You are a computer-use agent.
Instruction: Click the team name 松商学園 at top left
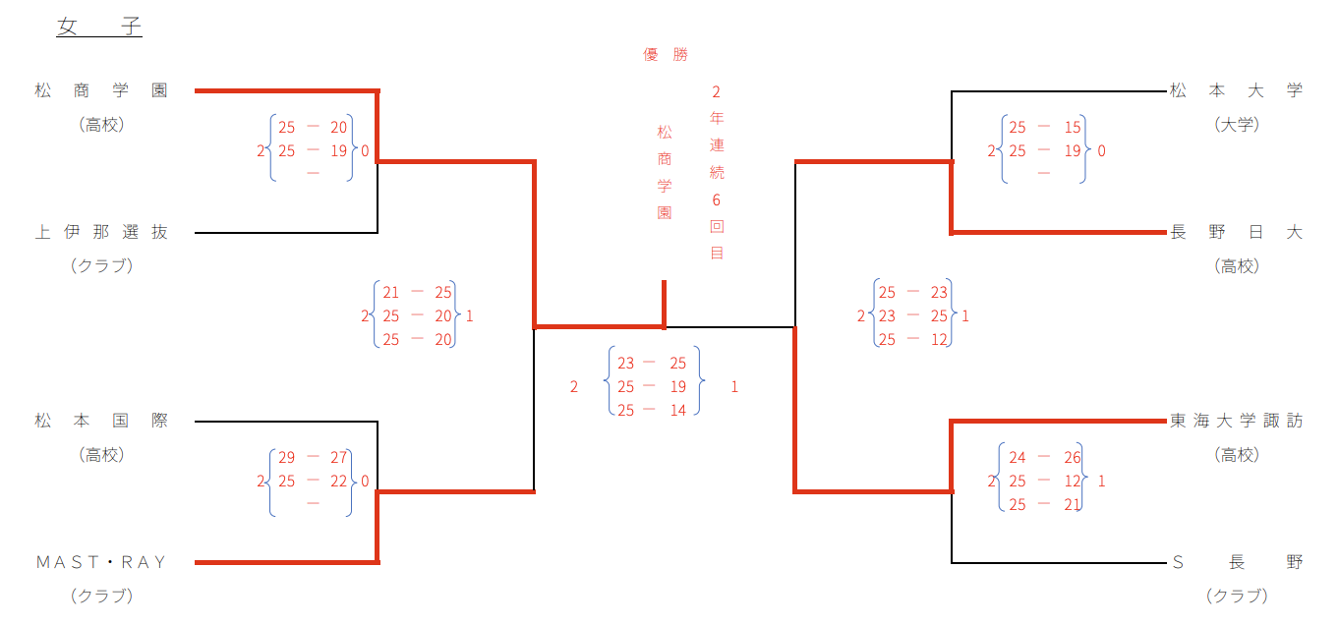click(x=101, y=90)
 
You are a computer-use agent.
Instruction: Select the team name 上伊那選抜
click(x=101, y=232)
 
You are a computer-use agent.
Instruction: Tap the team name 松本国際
click(x=101, y=421)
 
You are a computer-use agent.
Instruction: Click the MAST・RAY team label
click(x=101, y=562)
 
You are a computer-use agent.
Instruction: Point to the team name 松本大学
click(x=1236, y=90)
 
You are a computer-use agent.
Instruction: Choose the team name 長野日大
click(x=1236, y=232)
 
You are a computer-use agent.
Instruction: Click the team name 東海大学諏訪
click(x=1236, y=421)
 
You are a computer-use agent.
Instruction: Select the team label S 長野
click(x=1236, y=562)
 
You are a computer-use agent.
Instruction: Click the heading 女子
click(x=99, y=27)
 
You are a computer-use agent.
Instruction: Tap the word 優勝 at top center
click(x=666, y=55)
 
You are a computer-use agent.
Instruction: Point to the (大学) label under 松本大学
click(x=1236, y=125)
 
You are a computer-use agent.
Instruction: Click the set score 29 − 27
click(x=313, y=457)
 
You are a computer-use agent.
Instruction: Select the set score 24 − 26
click(x=1044, y=457)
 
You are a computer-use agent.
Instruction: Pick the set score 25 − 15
click(x=1044, y=127)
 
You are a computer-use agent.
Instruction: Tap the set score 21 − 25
click(x=417, y=292)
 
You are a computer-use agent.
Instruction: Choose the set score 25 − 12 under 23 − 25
click(x=912, y=339)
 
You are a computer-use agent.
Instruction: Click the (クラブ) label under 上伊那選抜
click(x=101, y=265)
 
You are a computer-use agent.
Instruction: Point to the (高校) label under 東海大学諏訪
click(x=1236, y=455)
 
